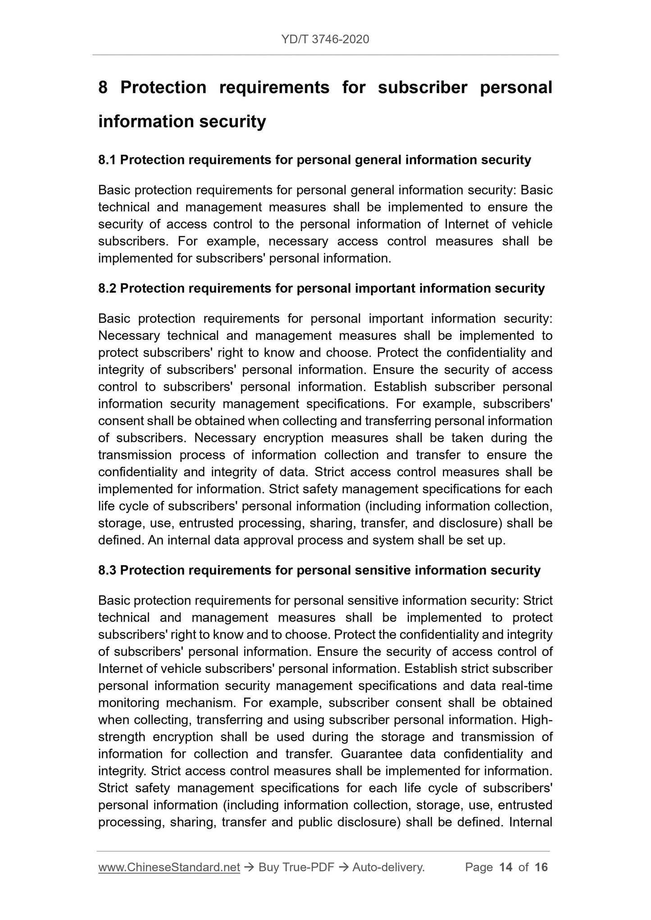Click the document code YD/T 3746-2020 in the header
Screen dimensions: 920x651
click(x=325, y=40)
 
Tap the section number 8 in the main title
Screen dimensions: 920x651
click(x=103, y=87)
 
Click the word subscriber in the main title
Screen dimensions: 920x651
click(x=422, y=87)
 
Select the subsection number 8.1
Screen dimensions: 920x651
click(x=107, y=160)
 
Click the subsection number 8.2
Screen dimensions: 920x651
click(x=107, y=288)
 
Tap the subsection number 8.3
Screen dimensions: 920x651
click(x=107, y=570)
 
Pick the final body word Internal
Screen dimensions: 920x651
click(x=531, y=822)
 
